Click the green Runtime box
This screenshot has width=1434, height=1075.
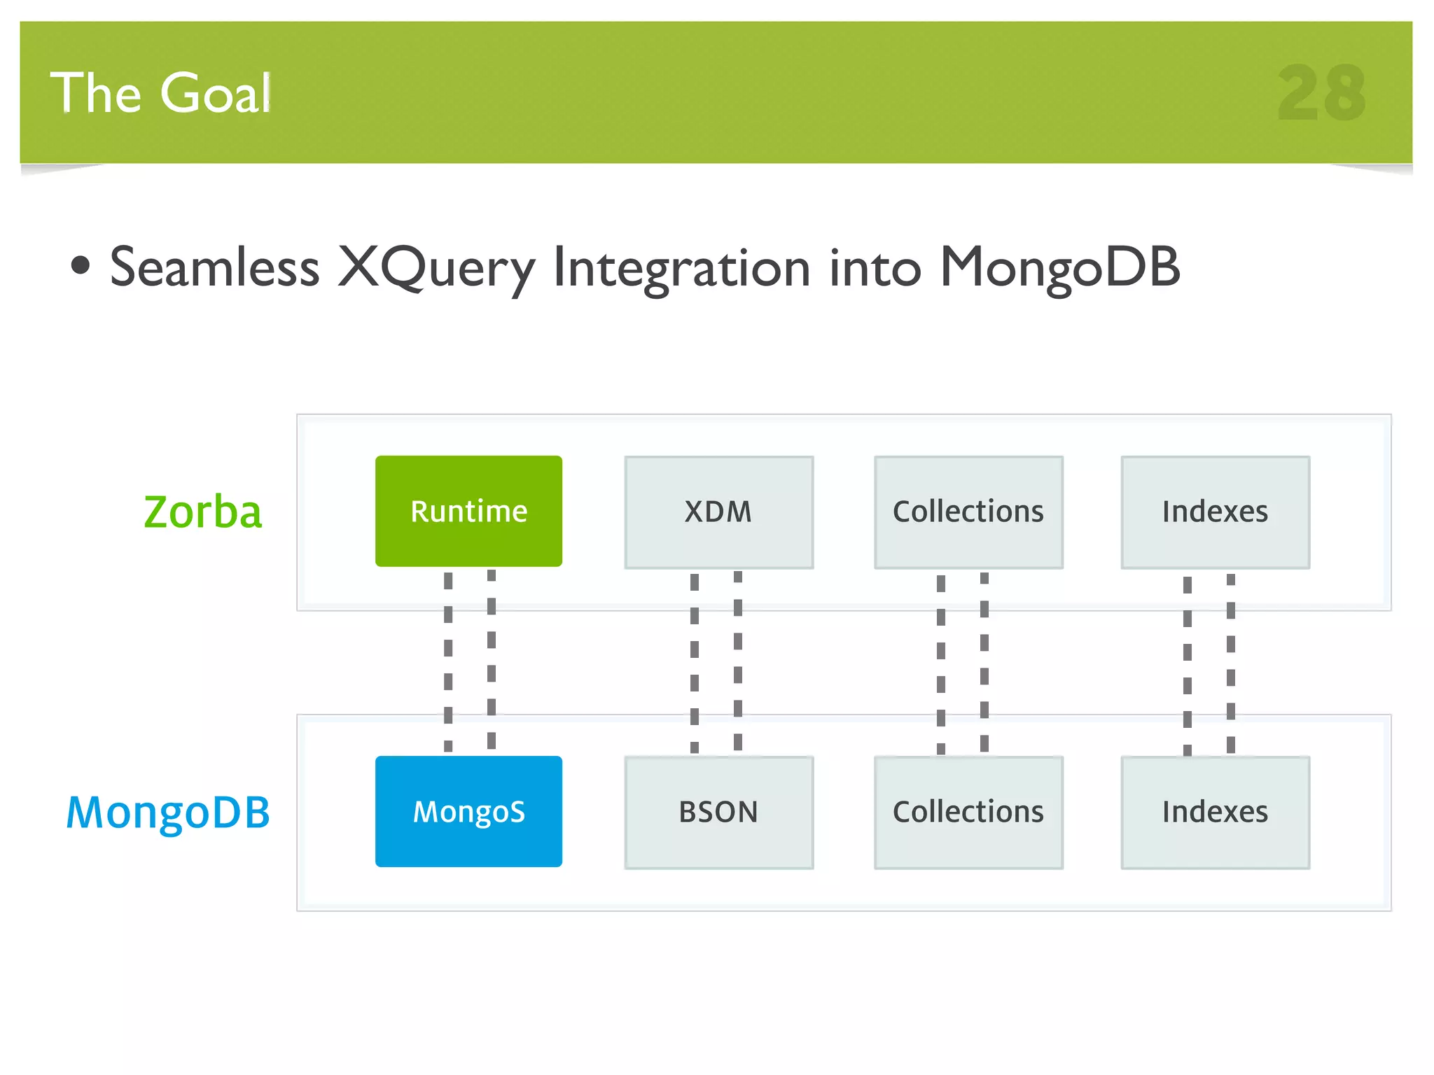[x=468, y=511]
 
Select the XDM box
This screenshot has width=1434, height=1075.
[x=718, y=512]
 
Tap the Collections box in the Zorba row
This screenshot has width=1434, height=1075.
[x=968, y=512]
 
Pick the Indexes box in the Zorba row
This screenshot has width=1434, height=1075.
[x=1215, y=512]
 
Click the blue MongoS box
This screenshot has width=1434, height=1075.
[x=468, y=811]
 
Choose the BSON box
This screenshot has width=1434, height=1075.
[x=718, y=812]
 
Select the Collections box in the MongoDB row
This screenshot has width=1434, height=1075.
[x=968, y=812]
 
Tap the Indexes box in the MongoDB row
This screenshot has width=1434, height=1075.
[x=1215, y=812]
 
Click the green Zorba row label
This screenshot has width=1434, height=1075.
[x=202, y=512]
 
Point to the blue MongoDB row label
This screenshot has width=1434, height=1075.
[x=168, y=813]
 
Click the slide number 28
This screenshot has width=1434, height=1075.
[x=1321, y=93]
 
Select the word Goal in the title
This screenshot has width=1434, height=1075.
[x=215, y=93]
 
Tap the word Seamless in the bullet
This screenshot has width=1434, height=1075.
[x=215, y=268]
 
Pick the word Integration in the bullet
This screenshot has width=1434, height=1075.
[x=682, y=268]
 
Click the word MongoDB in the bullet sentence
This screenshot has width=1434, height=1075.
[x=1059, y=268]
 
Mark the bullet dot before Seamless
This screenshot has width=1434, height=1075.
[x=81, y=265]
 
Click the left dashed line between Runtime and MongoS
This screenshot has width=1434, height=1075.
[x=448, y=661]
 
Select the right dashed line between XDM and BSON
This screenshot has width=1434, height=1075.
[x=738, y=661]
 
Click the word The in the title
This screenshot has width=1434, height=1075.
[x=96, y=93]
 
